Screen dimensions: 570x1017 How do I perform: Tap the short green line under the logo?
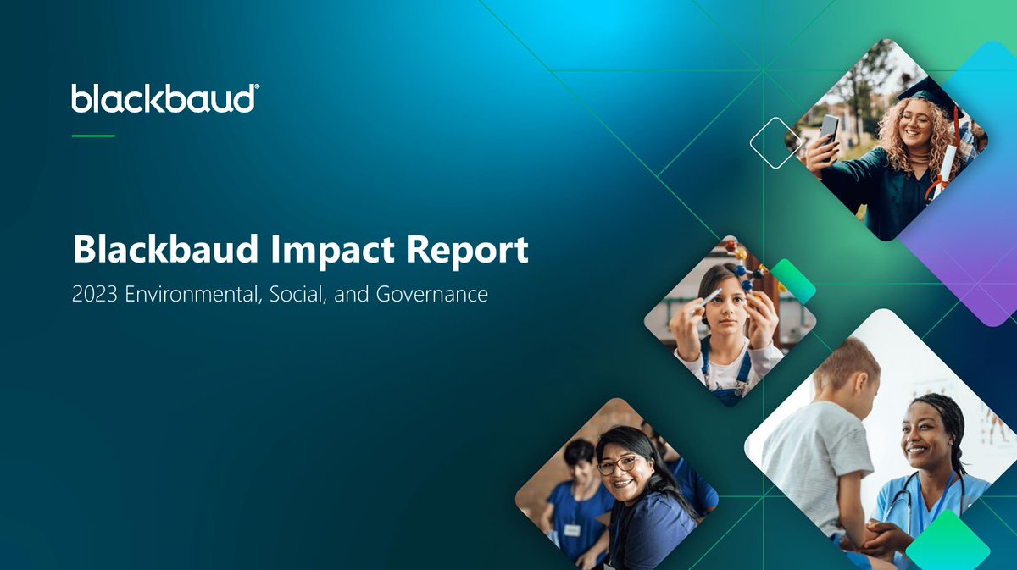[x=92, y=136]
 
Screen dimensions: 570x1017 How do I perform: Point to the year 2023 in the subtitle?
[x=95, y=296]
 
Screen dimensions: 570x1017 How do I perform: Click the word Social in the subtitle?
[x=294, y=296]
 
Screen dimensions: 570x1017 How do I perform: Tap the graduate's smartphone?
[x=827, y=131]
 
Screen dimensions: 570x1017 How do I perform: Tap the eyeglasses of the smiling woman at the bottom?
[x=618, y=465]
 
